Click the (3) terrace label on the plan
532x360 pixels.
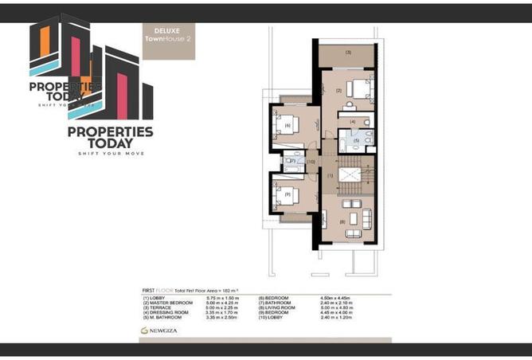click(x=349, y=53)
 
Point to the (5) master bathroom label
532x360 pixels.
click(x=357, y=140)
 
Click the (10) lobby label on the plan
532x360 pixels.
click(x=311, y=162)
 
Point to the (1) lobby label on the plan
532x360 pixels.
click(x=329, y=175)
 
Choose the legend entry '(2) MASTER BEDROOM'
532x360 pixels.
click(x=169, y=302)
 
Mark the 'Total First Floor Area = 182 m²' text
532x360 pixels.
click(x=216, y=290)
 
